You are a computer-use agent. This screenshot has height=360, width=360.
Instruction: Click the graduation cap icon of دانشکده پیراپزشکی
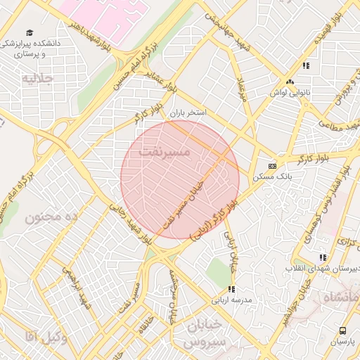(x=30, y=32)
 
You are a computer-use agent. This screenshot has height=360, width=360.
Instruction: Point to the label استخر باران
(x=186, y=112)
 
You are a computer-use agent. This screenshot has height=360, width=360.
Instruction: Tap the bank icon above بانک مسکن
(x=272, y=165)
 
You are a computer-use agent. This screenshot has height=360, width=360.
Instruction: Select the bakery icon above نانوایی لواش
(x=290, y=82)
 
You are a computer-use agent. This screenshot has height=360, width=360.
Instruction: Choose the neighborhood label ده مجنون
(x=51, y=217)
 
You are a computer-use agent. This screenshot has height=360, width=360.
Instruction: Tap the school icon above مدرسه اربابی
(x=231, y=288)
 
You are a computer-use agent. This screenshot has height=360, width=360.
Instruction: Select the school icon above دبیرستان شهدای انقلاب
(x=323, y=258)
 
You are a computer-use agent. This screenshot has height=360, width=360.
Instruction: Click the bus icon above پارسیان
(x=342, y=330)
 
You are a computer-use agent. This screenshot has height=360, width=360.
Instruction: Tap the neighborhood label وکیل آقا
(x=46, y=337)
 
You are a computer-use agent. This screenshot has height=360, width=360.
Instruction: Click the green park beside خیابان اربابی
(x=219, y=268)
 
